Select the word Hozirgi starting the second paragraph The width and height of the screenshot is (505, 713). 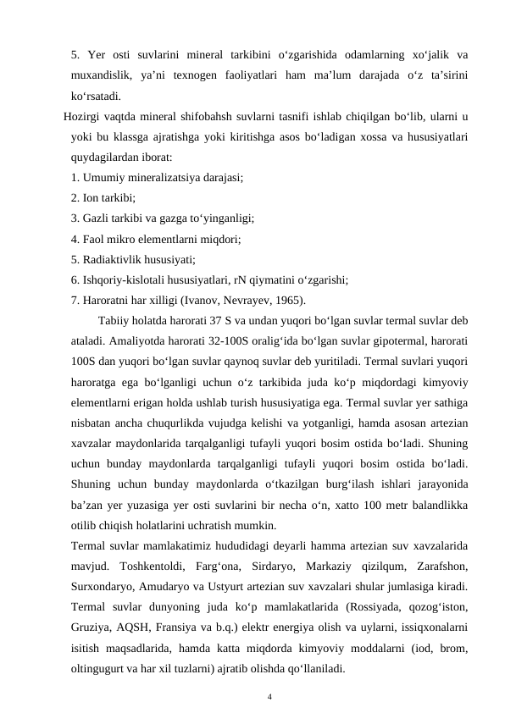tap(81, 116)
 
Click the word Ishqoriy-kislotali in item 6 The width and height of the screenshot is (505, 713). tap(130, 279)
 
